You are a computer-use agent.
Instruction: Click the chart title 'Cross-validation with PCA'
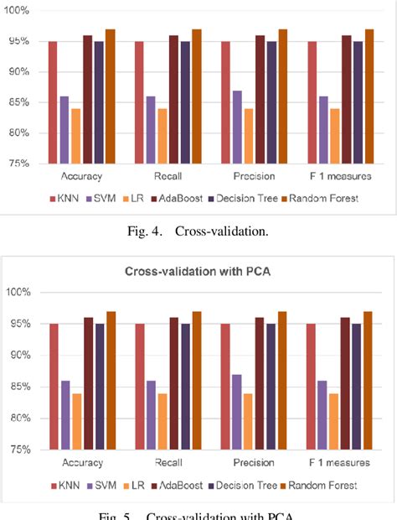(x=197, y=271)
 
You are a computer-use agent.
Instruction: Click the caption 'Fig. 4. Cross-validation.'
(x=198, y=231)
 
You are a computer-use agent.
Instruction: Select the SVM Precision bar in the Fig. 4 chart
(x=237, y=127)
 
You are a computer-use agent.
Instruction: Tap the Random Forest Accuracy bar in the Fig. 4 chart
(x=110, y=96)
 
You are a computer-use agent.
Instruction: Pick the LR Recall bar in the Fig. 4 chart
(x=162, y=136)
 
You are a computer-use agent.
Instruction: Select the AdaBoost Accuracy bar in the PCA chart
(x=87, y=383)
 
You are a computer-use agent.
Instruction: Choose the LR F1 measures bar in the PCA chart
(x=334, y=420)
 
